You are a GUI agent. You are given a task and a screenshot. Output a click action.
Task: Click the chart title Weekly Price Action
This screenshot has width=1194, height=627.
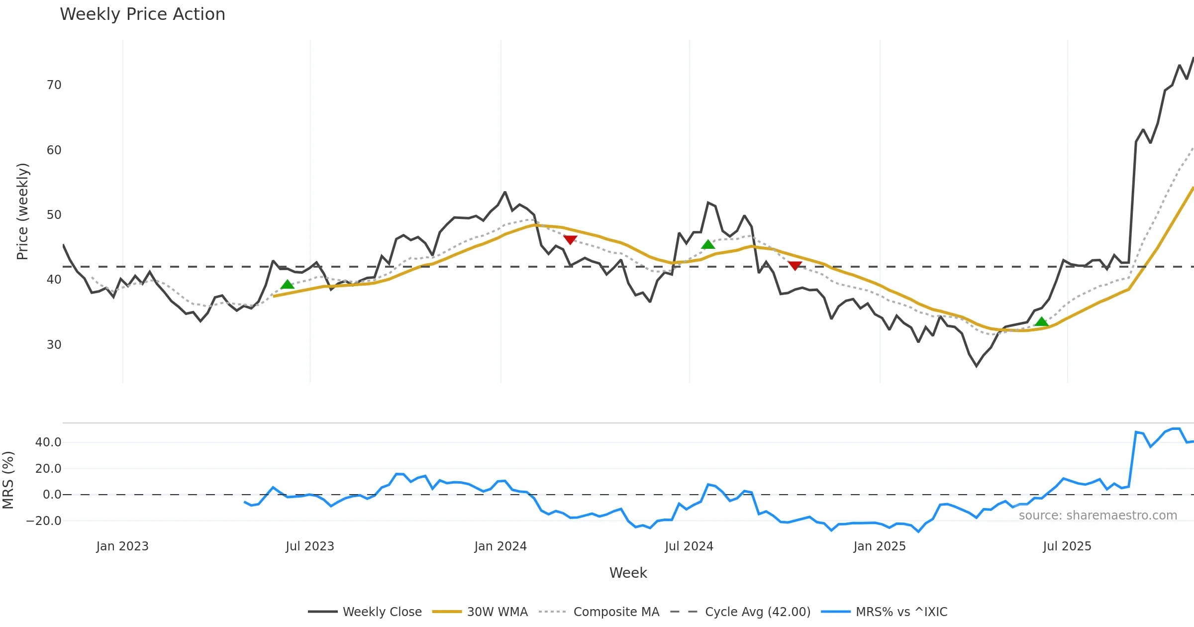point(142,14)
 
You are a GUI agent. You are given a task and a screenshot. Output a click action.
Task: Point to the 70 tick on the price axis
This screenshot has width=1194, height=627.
point(54,85)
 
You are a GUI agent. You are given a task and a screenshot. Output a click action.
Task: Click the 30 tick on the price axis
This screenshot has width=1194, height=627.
point(54,345)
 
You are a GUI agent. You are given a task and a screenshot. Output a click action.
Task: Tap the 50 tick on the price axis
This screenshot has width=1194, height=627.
point(54,215)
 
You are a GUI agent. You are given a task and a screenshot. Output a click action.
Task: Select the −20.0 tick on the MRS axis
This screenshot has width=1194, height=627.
point(44,521)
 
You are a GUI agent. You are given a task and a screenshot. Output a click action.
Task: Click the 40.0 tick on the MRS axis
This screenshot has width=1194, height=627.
point(48,442)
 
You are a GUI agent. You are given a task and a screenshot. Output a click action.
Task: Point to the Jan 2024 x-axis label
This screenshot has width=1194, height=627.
point(500,546)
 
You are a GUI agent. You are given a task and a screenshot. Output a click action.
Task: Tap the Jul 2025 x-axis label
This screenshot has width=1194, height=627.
point(1067,546)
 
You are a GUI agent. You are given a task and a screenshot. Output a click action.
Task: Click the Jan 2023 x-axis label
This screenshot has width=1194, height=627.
point(122,546)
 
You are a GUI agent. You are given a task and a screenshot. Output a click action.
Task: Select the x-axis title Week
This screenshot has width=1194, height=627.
point(628,573)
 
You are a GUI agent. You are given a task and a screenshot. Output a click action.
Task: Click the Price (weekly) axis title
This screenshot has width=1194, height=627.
point(23,211)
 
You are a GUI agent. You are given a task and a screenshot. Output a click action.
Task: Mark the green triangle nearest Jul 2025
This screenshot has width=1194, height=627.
point(1041,322)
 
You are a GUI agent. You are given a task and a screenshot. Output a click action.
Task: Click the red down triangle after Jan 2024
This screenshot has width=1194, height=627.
point(570,240)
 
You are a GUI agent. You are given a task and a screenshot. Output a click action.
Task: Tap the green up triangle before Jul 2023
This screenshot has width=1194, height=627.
point(287,285)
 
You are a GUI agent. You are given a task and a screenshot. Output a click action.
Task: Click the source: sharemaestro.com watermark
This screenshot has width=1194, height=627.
point(1097,516)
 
